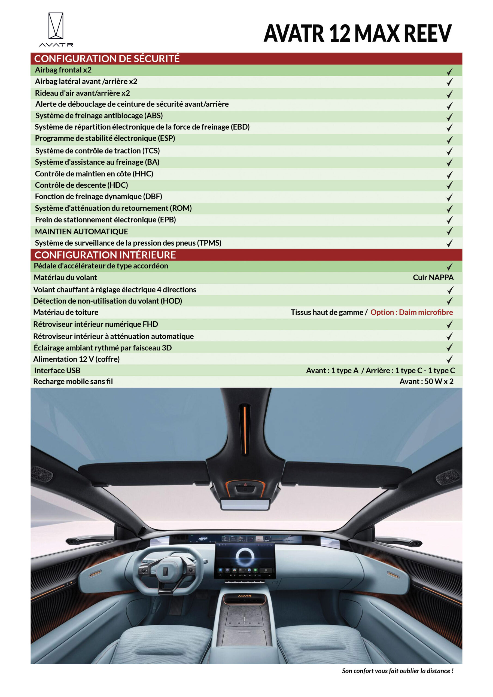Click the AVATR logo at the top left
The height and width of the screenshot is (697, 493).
pos(56,29)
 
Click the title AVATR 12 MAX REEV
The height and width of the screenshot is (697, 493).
pos(358,33)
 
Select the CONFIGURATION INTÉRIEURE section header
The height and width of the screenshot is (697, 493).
pos(105,255)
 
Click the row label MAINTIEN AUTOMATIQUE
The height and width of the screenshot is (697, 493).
pos(81,232)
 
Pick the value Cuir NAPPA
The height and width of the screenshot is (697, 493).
pos(433,277)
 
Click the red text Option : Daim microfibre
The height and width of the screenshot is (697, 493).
pos(411,312)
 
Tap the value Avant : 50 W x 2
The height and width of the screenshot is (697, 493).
pos(426,382)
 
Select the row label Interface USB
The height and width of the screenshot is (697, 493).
pos(57,370)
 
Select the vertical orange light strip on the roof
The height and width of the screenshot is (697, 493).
pos(245,430)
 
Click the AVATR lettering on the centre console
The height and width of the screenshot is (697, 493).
pos(245,596)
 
